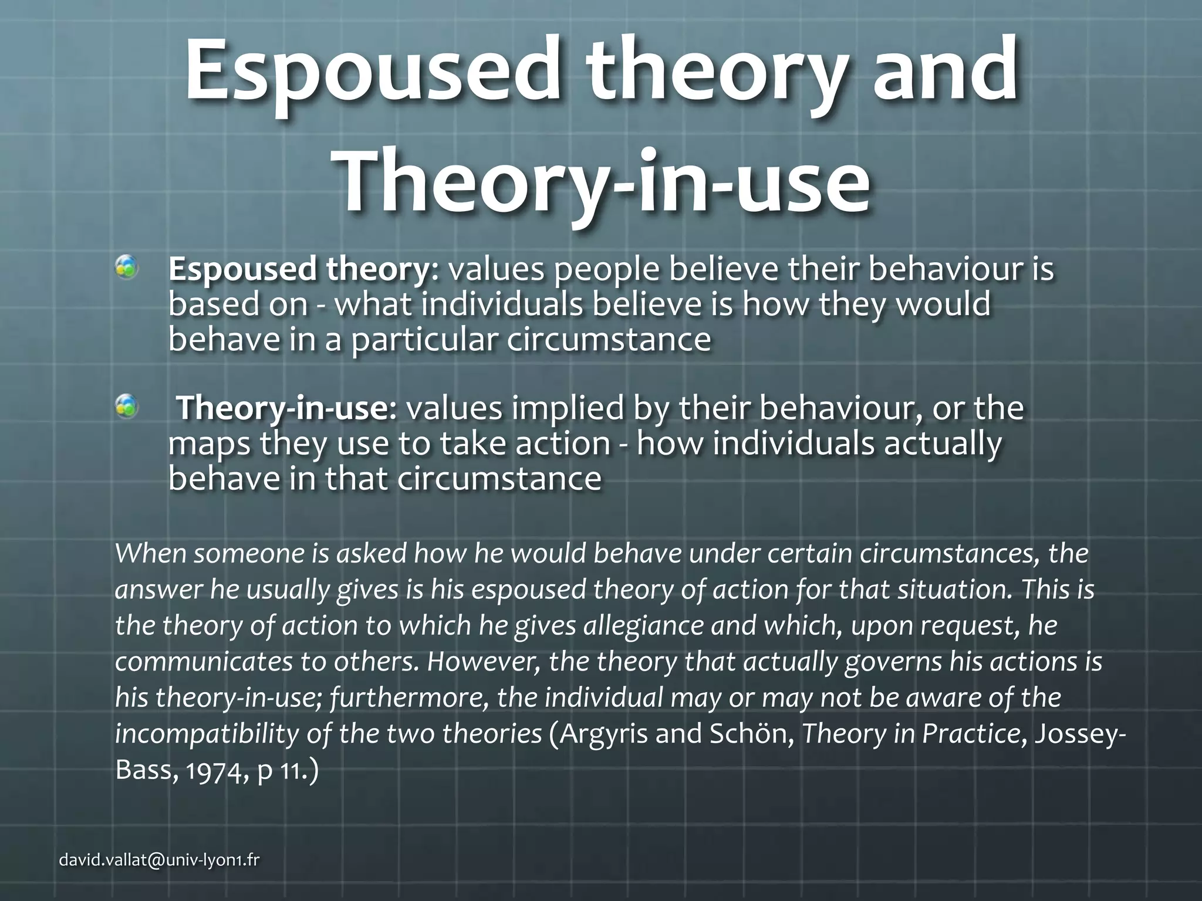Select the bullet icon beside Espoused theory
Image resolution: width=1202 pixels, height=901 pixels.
tap(126, 267)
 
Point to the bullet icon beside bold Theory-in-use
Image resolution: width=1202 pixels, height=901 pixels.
tap(126, 406)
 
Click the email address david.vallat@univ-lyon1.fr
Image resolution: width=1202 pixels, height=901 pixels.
tap(160, 861)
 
